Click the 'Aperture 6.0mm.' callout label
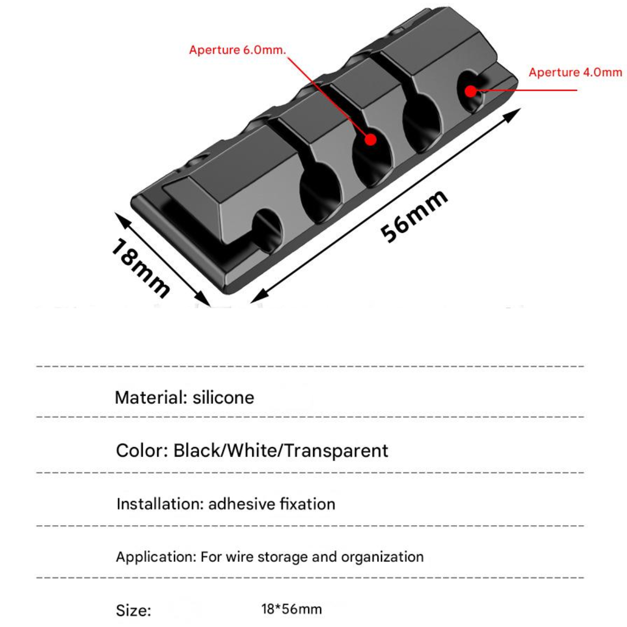(237, 50)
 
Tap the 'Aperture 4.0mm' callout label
(575, 72)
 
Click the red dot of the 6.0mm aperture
(370, 139)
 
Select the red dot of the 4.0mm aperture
(470, 91)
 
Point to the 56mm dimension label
(414, 216)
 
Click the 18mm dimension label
(140, 269)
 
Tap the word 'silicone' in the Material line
(223, 397)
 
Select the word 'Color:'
(142, 450)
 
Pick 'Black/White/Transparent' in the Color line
(281, 450)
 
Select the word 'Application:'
(156, 557)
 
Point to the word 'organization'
(382, 557)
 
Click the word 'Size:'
(133, 611)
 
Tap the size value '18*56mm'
(291, 609)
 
